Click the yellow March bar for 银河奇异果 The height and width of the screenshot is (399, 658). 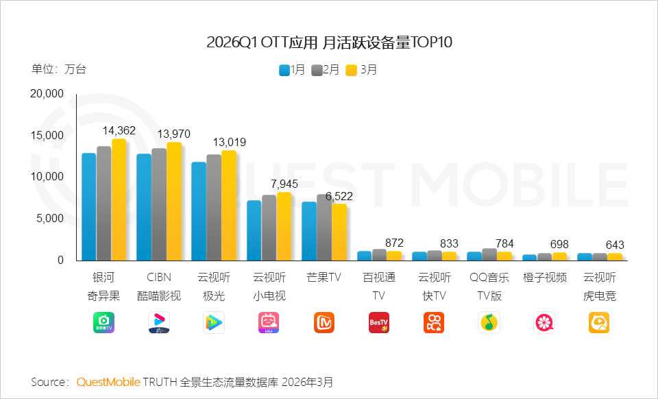pyautogui.click(x=119, y=199)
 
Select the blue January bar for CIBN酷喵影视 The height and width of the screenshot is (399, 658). pyautogui.click(x=144, y=207)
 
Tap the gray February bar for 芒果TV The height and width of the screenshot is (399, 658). pyautogui.click(x=324, y=227)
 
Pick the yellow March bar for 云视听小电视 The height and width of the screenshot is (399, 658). pyautogui.click(x=284, y=226)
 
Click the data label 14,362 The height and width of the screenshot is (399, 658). pyautogui.click(x=119, y=130)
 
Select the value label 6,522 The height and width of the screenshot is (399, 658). pyautogui.click(x=339, y=196)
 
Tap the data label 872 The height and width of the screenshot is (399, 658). pyautogui.click(x=394, y=243)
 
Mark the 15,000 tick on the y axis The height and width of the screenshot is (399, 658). pyautogui.click(x=47, y=135)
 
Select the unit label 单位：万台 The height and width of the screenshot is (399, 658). pyautogui.click(x=59, y=69)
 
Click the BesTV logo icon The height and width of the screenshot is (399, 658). pyautogui.click(x=379, y=322)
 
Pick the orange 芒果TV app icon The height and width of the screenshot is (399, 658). pyautogui.click(x=324, y=322)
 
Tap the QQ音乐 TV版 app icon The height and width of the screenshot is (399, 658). pyautogui.click(x=489, y=322)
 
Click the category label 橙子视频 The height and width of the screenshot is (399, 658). pyautogui.click(x=544, y=278)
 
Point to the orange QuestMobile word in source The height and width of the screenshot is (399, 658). pyautogui.click(x=108, y=381)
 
